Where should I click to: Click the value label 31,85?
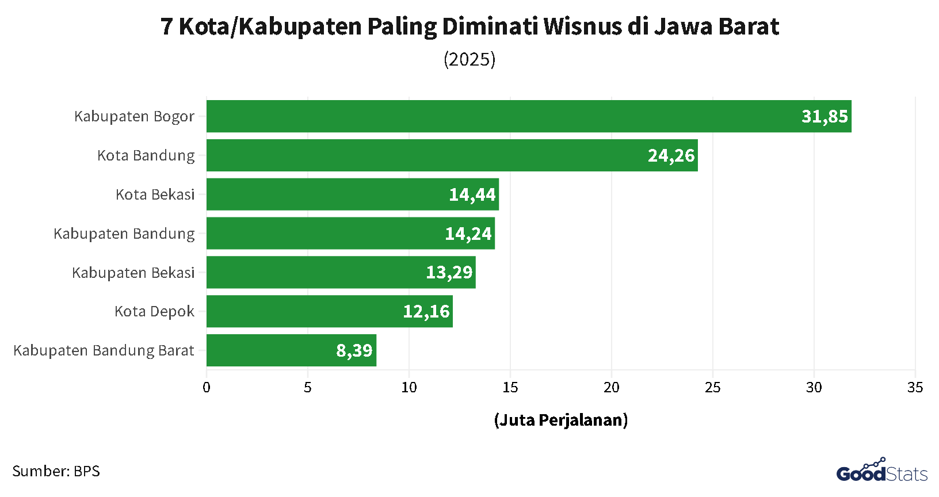point(825,116)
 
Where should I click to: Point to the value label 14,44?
point(472,194)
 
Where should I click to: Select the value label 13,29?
point(449,272)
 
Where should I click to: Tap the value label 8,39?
point(354,350)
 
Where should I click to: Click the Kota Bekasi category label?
point(155,194)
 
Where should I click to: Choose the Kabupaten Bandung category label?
point(124,234)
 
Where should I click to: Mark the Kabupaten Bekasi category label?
point(133,273)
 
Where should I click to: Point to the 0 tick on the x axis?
point(207,388)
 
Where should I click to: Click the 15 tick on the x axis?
point(510,388)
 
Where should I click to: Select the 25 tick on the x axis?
point(712,388)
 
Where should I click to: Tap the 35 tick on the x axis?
point(915,388)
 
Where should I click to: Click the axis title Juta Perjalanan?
point(561,420)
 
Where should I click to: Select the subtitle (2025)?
point(469,59)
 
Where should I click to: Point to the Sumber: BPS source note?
point(56,471)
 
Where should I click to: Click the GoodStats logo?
point(881,472)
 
